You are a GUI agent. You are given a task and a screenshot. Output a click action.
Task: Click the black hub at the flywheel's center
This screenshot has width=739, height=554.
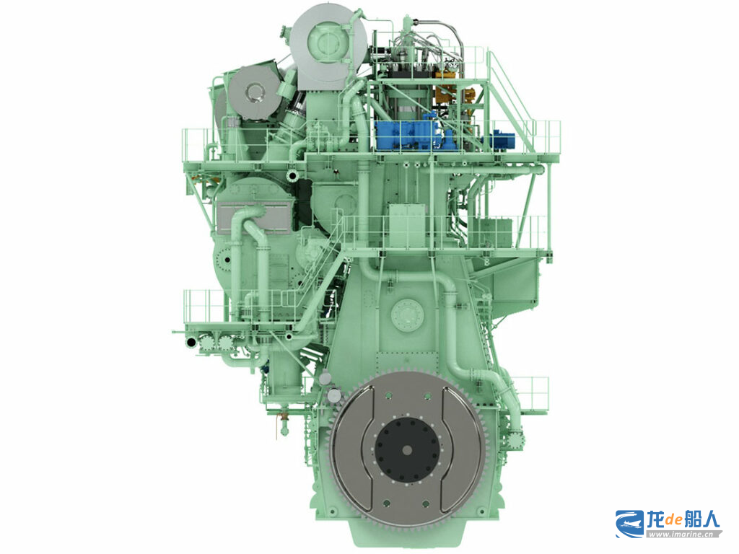[x=408, y=450]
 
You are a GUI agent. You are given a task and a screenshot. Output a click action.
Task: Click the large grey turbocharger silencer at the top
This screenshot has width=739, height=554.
[x=328, y=46]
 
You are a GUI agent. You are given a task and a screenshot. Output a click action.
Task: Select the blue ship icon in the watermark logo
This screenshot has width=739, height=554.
[x=629, y=524]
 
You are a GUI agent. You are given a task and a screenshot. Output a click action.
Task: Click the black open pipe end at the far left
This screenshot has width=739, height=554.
[x=191, y=341]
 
